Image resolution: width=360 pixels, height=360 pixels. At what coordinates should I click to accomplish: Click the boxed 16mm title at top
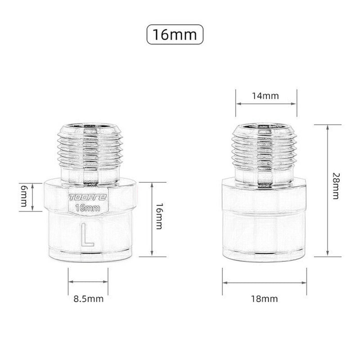pyautogui.click(x=175, y=35)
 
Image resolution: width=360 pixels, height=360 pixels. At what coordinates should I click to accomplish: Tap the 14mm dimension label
pyautogui.click(x=265, y=96)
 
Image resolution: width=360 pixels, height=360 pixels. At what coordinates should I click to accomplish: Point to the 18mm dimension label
pyautogui.click(x=265, y=298)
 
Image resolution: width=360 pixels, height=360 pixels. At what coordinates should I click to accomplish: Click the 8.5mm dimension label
pyautogui.click(x=88, y=298)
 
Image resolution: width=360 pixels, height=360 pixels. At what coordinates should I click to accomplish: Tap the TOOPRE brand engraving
pyautogui.click(x=88, y=198)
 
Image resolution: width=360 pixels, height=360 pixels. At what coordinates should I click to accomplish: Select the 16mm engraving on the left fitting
pyautogui.click(x=88, y=207)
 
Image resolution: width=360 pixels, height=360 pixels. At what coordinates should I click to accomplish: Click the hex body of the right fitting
pyautogui.click(x=265, y=220)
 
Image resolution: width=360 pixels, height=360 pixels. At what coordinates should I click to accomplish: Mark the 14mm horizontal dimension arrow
pyautogui.click(x=266, y=103)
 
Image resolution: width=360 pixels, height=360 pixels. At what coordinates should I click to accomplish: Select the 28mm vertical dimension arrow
pyautogui.click(x=328, y=190)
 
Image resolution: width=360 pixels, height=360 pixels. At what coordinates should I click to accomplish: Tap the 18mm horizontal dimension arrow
pyautogui.click(x=265, y=282)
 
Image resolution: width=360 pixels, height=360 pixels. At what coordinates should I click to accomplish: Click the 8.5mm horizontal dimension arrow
pyautogui.click(x=88, y=282)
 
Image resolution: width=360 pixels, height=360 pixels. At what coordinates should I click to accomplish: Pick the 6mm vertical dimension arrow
pyautogui.click(x=33, y=197)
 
